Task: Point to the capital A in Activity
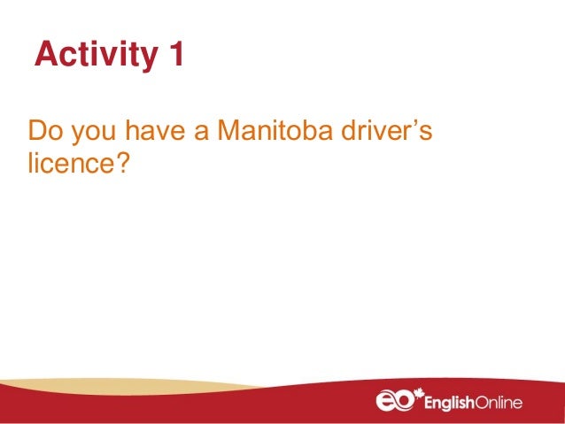pyautogui.click(x=45, y=55)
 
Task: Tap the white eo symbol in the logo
pyautogui.click(x=394, y=403)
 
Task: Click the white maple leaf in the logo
pyautogui.click(x=419, y=394)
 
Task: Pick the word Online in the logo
pyautogui.click(x=498, y=403)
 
